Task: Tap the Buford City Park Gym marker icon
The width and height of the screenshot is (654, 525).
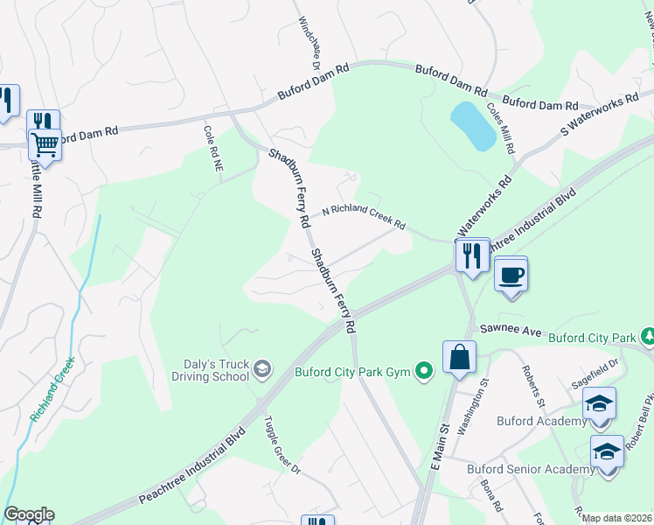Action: [424, 372]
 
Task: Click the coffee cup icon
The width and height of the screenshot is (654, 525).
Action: [511, 275]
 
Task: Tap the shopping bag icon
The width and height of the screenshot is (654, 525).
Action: [459, 357]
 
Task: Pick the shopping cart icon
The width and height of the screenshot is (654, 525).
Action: [45, 143]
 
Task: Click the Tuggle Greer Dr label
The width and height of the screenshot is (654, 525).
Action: [282, 444]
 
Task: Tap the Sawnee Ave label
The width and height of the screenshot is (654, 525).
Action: [511, 332]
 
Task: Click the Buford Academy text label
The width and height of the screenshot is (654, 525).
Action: [541, 421]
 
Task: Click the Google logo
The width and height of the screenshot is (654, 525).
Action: [29, 514]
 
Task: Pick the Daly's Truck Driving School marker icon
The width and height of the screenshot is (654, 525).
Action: [261, 371]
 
